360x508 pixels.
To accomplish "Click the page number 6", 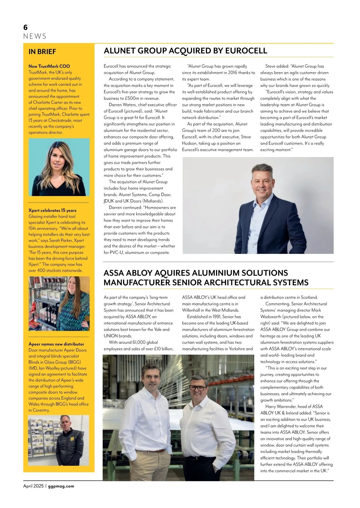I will [25, 27].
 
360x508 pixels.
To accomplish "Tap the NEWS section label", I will [35, 37].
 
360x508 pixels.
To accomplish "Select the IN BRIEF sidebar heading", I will [42, 52].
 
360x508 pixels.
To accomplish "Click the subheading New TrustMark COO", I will [49, 66].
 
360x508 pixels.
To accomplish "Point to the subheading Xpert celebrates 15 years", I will [52, 210].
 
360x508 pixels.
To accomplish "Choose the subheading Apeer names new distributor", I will [56, 344].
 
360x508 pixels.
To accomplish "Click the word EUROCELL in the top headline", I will [246, 51].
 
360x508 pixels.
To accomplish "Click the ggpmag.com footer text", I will [61, 486].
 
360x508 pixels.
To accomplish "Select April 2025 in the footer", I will [33, 486].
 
